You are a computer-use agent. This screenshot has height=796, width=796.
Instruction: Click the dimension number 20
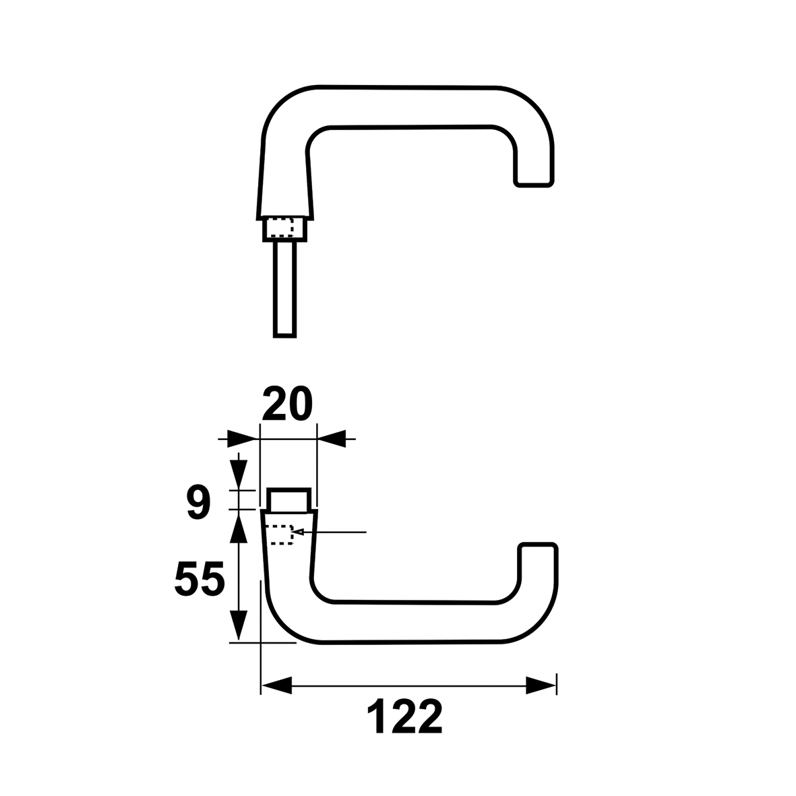(x=287, y=404)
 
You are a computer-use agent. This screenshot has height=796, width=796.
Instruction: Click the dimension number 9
(x=198, y=503)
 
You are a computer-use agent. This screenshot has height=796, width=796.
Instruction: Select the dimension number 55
(x=200, y=579)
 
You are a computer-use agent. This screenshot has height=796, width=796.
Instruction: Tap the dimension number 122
(x=404, y=716)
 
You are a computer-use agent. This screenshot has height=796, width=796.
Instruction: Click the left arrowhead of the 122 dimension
(x=276, y=685)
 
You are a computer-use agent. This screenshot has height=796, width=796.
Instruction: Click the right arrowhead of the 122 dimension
(x=541, y=685)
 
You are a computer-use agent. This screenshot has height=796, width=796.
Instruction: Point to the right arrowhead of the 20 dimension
(x=332, y=439)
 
